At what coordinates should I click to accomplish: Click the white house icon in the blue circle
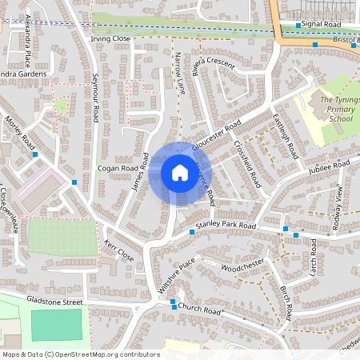point(179,173)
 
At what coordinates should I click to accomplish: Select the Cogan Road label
point(118,169)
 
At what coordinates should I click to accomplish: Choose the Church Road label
point(199,309)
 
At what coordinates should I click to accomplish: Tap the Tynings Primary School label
point(336,109)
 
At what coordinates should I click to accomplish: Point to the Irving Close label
point(110,38)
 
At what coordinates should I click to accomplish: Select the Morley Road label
point(20,130)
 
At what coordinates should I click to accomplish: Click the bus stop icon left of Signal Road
point(298,26)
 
